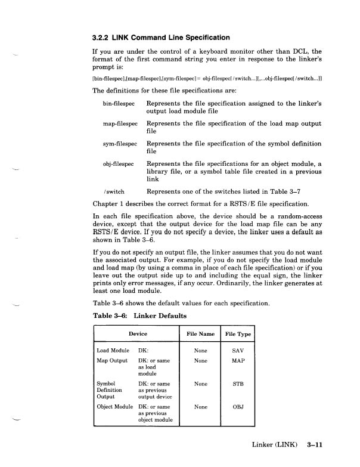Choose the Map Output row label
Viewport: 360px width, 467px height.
pos(112,361)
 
